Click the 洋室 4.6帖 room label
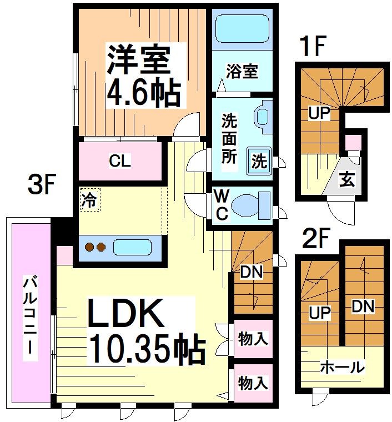(143, 76)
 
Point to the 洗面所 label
(229, 137)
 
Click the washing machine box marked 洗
(259, 161)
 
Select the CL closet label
(119, 162)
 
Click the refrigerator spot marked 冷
(88, 200)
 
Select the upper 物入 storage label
(253, 338)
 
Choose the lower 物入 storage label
(253, 383)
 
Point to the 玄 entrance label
(348, 180)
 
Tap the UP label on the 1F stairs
(319, 114)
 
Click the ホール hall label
(342, 367)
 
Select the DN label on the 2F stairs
(363, 306)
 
